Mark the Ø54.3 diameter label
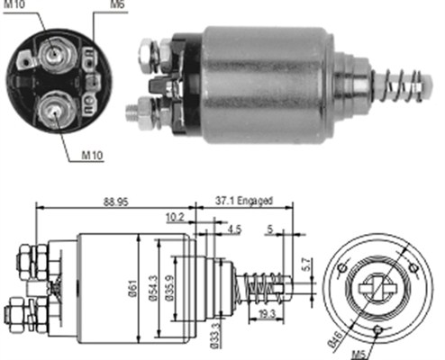click(x=155, y=288)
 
